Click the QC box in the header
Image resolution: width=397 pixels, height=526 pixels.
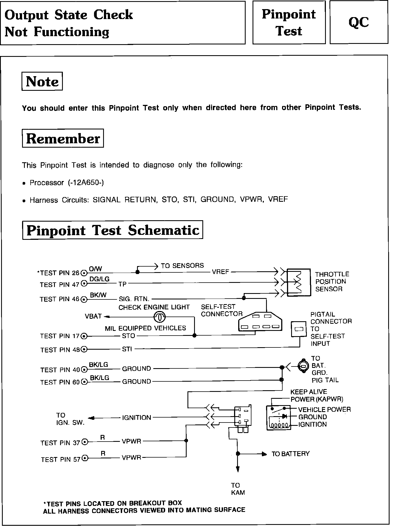pyautogui.click(x=359, y=22)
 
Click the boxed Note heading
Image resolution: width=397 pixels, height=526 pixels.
pyautogui.click(x=42, y=81)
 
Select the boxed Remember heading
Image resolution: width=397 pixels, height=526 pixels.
pyautogui.click(x=63, y=138)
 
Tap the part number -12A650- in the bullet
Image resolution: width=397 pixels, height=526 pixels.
pyautogui.click(x=86, y=182)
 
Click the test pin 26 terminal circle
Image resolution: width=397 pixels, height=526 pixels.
pyautogui.click(x=84, y=273)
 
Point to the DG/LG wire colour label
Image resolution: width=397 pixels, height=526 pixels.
pyautogui.click(x=100, y=279)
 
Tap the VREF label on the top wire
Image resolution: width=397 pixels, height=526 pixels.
pyautogui.click(x=221, y=272)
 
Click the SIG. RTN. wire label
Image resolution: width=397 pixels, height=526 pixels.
pyautogui.click(x=134, y=299)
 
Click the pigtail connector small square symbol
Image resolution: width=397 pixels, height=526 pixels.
pyautogui.click(x=299, y=329)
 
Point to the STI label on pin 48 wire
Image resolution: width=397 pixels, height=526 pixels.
pyautogui.click(x=127, y=349)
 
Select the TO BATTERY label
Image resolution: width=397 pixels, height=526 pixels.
pyautogui.click(x=291, y=454)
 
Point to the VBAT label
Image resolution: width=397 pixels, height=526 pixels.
pyautogui.click(x=93, y=316)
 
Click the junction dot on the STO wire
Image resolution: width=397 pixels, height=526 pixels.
pyautogui.click(x=194, y=336)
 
